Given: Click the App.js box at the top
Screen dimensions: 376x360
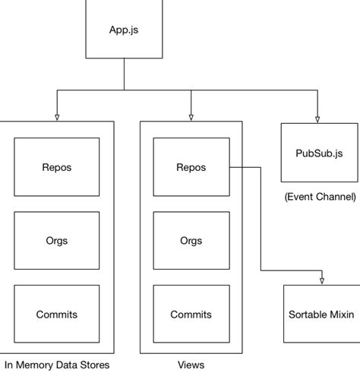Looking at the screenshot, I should pos(123,30).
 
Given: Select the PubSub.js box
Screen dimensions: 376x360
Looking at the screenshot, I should pos(319,152).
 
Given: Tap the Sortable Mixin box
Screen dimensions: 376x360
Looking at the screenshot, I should pos(321,314).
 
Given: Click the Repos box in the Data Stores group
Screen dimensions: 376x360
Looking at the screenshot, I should pos(57,167).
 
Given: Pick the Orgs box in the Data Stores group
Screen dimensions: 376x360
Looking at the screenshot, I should pos(57,241).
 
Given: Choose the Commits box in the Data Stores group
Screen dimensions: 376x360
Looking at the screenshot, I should pos(57,314).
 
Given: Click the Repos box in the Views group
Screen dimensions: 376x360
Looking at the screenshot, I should pos(191,167).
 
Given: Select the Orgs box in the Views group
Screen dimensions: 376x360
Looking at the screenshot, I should pos(191,241).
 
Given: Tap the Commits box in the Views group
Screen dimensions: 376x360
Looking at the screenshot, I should pos(191,314).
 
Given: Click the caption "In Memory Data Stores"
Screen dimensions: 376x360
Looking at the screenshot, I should pos(57,365).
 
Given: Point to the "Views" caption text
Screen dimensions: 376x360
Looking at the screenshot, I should pos(191,365).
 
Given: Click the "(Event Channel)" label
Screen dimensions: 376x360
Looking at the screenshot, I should pos(320,197).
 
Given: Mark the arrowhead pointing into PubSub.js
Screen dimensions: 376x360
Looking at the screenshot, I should pos(317,118).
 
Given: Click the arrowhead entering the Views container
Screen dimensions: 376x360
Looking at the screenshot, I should pos(191,117).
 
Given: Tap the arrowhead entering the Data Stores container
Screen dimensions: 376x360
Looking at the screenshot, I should pos(57,117).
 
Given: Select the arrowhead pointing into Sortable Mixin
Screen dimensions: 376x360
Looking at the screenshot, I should pos(322,280).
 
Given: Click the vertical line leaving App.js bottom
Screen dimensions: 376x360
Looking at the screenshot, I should pos(123,74).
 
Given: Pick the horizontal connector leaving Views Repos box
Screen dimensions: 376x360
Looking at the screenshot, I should pos(245,167).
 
